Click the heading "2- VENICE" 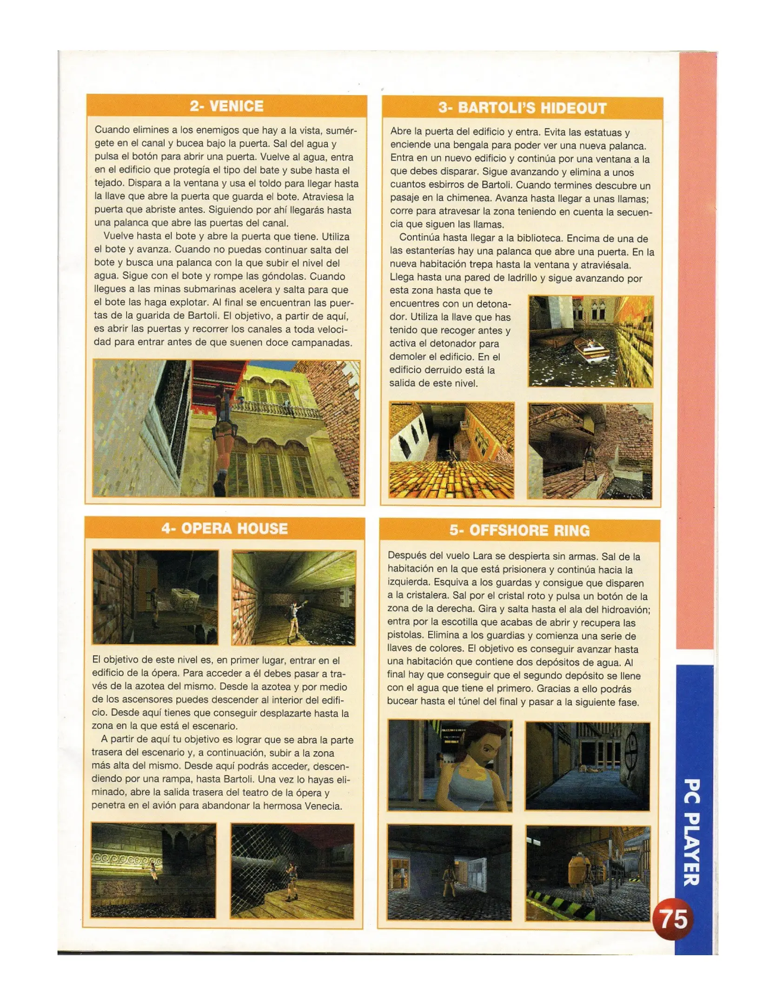[226, 106]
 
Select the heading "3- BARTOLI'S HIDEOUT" [522, 108]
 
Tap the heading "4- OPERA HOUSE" [225, 529]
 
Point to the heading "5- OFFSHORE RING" [519, 530]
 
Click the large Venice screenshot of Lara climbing [226, 429]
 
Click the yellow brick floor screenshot [451, 450]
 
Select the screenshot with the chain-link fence [292, 871]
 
